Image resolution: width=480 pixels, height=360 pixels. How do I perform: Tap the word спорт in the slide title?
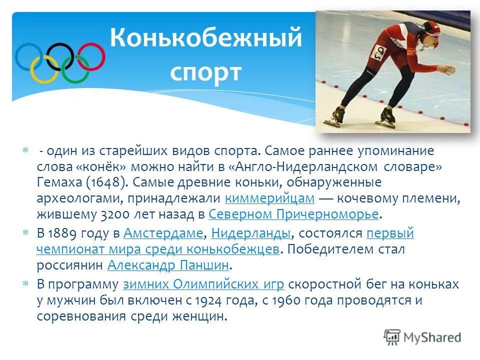[206, 72]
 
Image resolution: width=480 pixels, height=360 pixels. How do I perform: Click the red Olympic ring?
[90, 56]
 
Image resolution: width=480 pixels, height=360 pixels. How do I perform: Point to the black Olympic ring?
[60, 56]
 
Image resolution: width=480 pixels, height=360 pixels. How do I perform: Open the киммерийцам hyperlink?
[270, 198]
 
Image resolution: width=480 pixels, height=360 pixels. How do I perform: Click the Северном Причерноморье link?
[293, 214]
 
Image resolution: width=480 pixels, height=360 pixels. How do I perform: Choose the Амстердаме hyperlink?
[163, 233]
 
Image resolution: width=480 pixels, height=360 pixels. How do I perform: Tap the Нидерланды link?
[251, 233]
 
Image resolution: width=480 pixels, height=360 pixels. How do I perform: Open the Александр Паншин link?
[168, 265]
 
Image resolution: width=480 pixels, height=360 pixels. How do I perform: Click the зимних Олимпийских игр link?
[203, 284]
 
